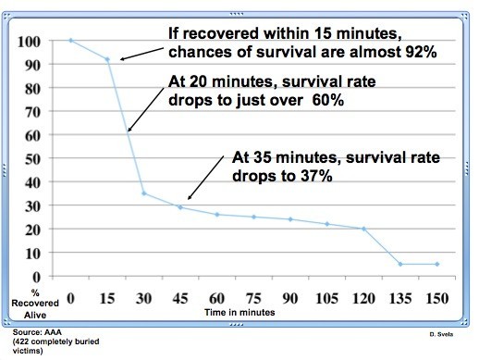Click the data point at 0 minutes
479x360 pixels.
point(71,41)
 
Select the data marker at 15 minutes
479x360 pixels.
point(107,60)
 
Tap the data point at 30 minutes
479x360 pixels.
point(144,193)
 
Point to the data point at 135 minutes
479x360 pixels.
point(399,264)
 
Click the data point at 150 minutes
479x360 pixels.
point(436,264)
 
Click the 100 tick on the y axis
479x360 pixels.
point(34,42)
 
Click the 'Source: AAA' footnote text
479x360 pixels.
point(31,330)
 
